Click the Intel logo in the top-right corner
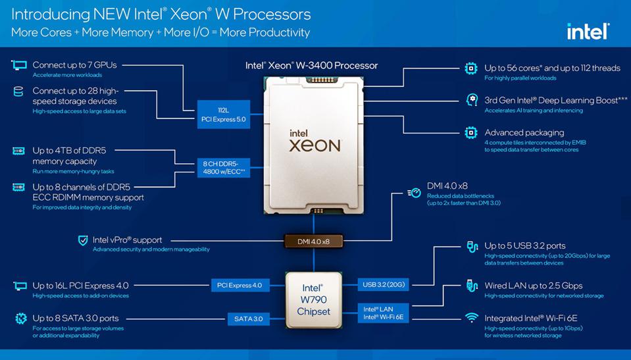[588, 32]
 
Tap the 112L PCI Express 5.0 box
[223, 115]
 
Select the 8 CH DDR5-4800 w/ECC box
[223, 168]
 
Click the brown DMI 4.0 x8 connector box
[313, 242]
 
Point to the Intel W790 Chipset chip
[313, 299]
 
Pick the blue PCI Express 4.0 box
[240, 286]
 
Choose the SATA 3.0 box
[248, 319]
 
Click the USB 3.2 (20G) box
[384, 285]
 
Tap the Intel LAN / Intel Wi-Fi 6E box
[384, 313]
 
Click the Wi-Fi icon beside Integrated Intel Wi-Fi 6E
[472, 318]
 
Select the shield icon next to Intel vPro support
[83, 240]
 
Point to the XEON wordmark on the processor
[315, 145]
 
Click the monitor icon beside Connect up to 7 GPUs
[19, 65]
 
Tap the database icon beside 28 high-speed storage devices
[18, 91]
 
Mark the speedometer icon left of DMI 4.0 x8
[415, 193]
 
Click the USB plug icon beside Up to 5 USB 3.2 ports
[472, 246]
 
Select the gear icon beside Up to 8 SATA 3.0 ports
[21, 319]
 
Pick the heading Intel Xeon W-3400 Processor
[311, 66]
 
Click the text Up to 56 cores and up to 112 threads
[552, 68]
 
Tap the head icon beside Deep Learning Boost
[472, 100]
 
